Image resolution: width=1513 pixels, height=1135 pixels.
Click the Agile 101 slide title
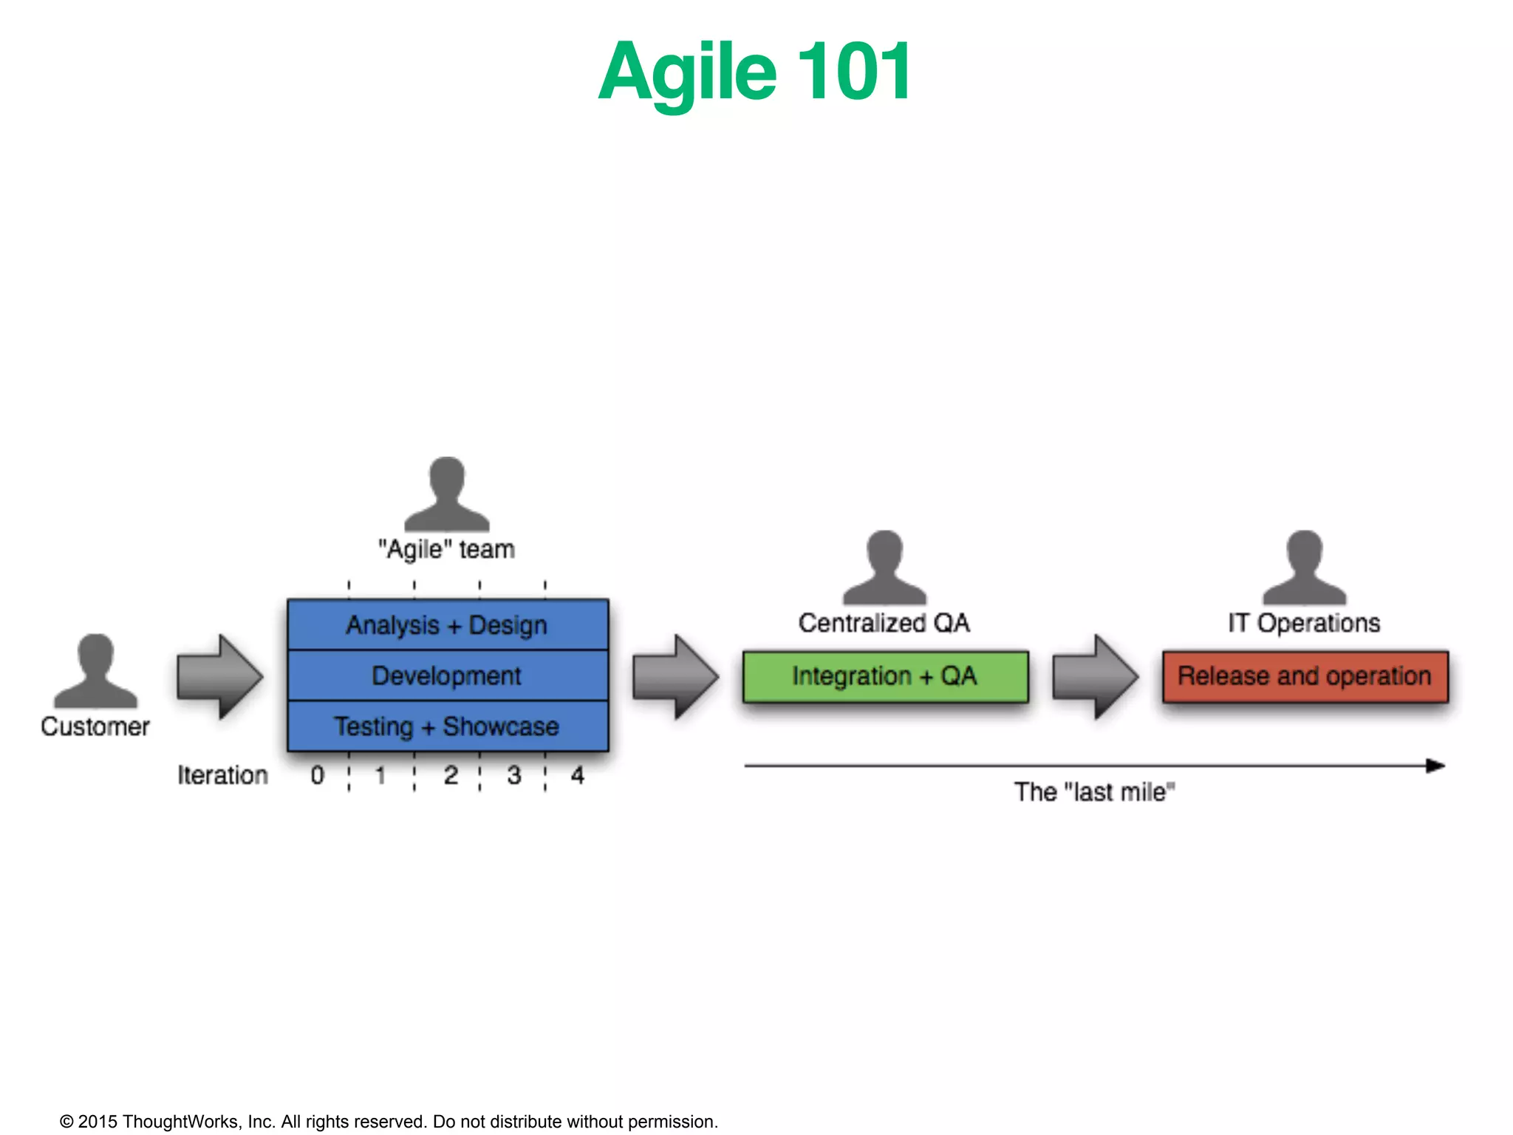point(755,72)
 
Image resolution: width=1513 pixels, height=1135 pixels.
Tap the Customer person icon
point(95,671)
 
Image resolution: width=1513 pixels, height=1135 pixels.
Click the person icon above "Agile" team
point(446,494)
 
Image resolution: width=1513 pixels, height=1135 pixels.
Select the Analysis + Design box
point(447,625)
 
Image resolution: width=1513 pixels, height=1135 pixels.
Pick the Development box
point(447,675)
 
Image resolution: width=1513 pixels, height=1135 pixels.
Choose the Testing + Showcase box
point(447,726)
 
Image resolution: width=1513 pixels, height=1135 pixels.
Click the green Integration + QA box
point(885,676)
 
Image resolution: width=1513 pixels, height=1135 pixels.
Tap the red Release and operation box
point(1305,676)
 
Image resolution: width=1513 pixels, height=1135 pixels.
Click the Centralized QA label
point(884,623)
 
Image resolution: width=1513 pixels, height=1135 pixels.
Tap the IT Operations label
point(1304,623)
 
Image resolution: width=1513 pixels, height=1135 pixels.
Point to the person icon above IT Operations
point(1304,567)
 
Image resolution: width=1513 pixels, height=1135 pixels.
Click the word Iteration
point(222,775)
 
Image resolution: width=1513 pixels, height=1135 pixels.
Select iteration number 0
point(318,775)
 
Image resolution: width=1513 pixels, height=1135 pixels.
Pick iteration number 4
point(578,775)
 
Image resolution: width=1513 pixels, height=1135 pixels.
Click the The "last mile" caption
point(1094,792)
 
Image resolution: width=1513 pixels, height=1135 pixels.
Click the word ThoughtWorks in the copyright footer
point(180,1122)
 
